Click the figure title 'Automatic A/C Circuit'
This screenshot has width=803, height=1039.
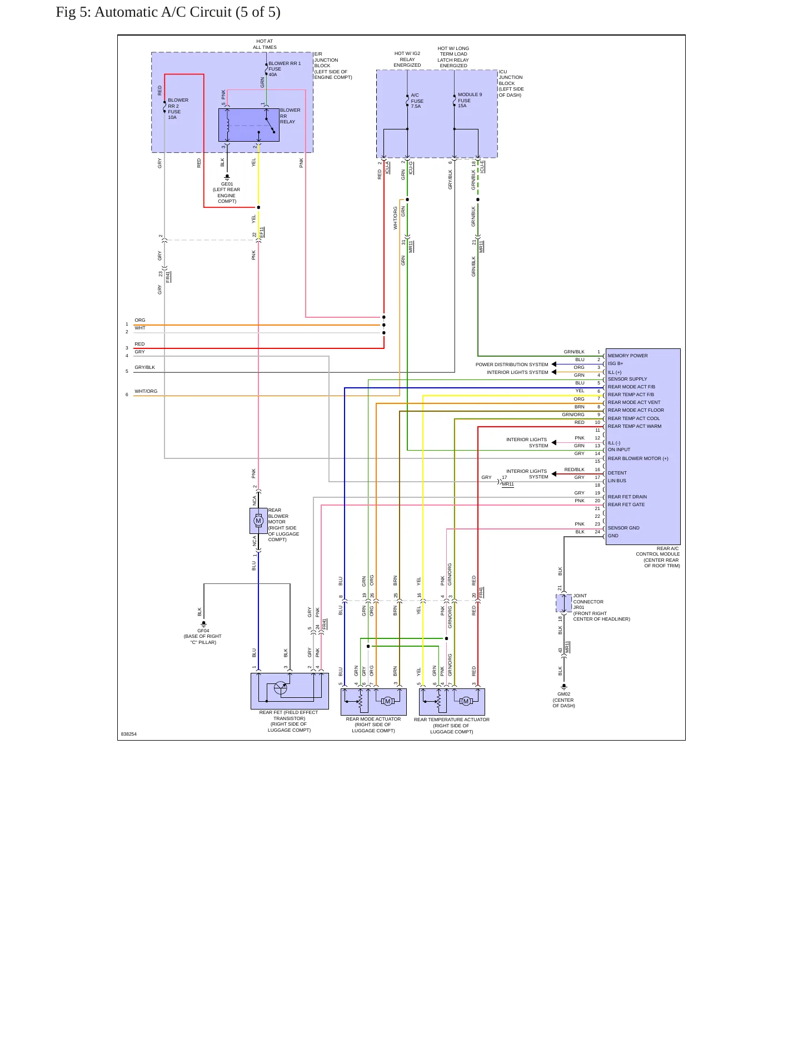pyautogui.click(x=163, y=12)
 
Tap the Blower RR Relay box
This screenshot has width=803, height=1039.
pyautogui.click(x=249, y=125)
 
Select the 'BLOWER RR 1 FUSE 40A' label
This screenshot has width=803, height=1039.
pyautogui.click(x=285, y=69)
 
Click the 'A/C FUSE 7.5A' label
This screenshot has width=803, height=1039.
pyautogui.click(x=417, y=101)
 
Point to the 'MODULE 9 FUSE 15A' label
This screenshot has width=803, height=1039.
pyautogui.click(x=470, y=100)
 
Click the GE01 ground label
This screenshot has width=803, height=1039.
pyautogui.click(x=227, y=192)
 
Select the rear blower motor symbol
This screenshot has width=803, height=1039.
pyautogui.click(x=258, y=521)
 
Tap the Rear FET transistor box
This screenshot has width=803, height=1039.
pyautogui.click(x=290, y=691)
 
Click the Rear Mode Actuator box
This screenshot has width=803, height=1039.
pyautogui.click(x=373, y=702)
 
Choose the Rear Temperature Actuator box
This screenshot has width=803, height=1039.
pyautogui.click(x=452, y=702)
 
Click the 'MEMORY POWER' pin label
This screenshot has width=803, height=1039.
pyautogui.click(x=627, y=356)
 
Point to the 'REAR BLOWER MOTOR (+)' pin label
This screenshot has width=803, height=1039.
pyautogui.click(x=638, y=458)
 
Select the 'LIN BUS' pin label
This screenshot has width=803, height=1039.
pyautogui.click(x=617, y=481)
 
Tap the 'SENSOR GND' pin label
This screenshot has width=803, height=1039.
pyautogui.click(x=624, y=528)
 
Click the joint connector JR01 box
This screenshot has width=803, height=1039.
pyautogui.click(x=563, y=603)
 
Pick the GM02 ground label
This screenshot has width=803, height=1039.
pyautogui.click(x=563, y=700)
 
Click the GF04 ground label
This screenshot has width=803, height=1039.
pyautogui.click(x=203, y=636)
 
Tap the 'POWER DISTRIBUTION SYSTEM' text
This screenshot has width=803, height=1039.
pyautogui.click(x=512, y=364)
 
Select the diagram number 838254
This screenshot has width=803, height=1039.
pyautogui.click(x=128, y=734)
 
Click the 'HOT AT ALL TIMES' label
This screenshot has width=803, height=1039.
pyautogui.click(x=265, y=44)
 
